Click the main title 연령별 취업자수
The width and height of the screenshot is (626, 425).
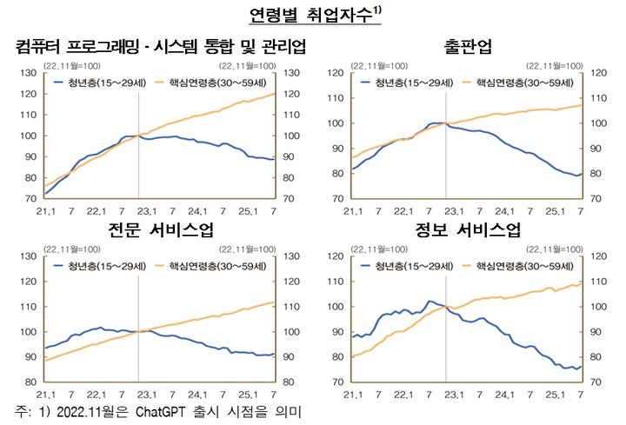pyautogui.click(x=309, y=16)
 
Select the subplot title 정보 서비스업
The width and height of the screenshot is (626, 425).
pyautogui.click(x=466, y=230)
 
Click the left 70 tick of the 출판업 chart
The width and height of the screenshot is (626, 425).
pyautogui.click(x=337, y=199)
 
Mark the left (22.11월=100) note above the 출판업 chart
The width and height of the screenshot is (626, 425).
pyautogui.click(x=378, y=65)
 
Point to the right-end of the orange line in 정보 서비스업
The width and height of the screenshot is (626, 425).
pyautogui.click(x=581, y=283)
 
